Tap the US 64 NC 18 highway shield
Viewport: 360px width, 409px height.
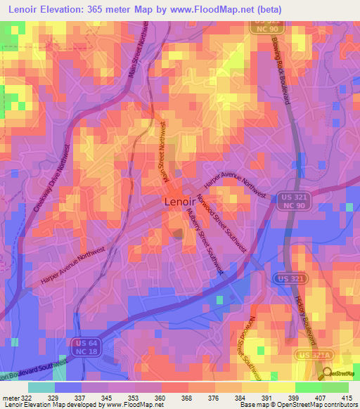(82, 346)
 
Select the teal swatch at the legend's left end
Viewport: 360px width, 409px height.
(41, 387)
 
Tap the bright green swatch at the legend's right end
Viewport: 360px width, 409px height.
(335, 387)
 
